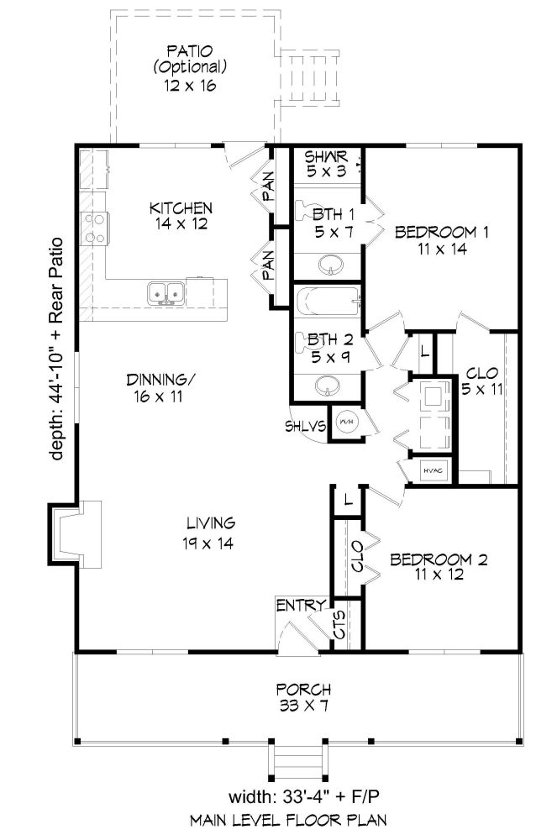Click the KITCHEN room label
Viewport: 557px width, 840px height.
coord(181,207)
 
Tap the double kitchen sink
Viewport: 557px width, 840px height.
coord(166,294)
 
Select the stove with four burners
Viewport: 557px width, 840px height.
coord(94,228)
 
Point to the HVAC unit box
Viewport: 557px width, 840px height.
coord(433,470)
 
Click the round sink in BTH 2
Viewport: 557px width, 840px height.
coord(327,386)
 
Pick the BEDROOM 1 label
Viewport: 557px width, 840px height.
coord(442,232)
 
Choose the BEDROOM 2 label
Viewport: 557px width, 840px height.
coord(439,559)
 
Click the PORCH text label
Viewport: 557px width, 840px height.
coord(303,689)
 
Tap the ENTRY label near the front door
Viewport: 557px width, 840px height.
coord(301,606)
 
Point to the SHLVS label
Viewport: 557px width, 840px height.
coord(305,427)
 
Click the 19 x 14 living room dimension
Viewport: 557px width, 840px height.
coord(208,543)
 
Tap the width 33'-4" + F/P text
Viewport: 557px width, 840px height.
coord(303,796)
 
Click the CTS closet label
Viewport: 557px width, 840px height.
coord(340,625)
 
